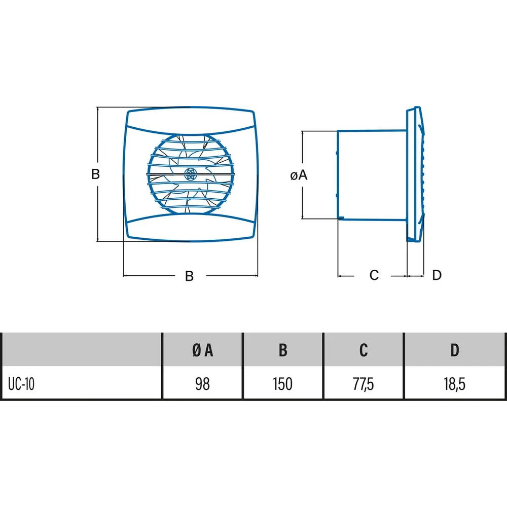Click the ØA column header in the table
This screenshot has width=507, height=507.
202,350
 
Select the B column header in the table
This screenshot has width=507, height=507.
283,350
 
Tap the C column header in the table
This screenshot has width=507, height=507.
364,350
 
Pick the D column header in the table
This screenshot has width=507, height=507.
455,350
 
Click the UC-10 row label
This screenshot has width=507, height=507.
21,384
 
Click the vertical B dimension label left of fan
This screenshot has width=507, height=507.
95,174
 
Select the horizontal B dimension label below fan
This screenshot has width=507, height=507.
189,276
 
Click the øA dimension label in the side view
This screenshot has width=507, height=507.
299,175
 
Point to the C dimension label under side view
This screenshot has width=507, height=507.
374,275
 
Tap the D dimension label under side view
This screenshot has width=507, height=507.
437,275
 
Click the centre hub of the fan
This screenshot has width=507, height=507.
190,174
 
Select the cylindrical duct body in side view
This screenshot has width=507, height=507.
372,175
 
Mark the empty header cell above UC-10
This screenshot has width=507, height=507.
81,349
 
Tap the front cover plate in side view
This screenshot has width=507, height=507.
416,174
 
